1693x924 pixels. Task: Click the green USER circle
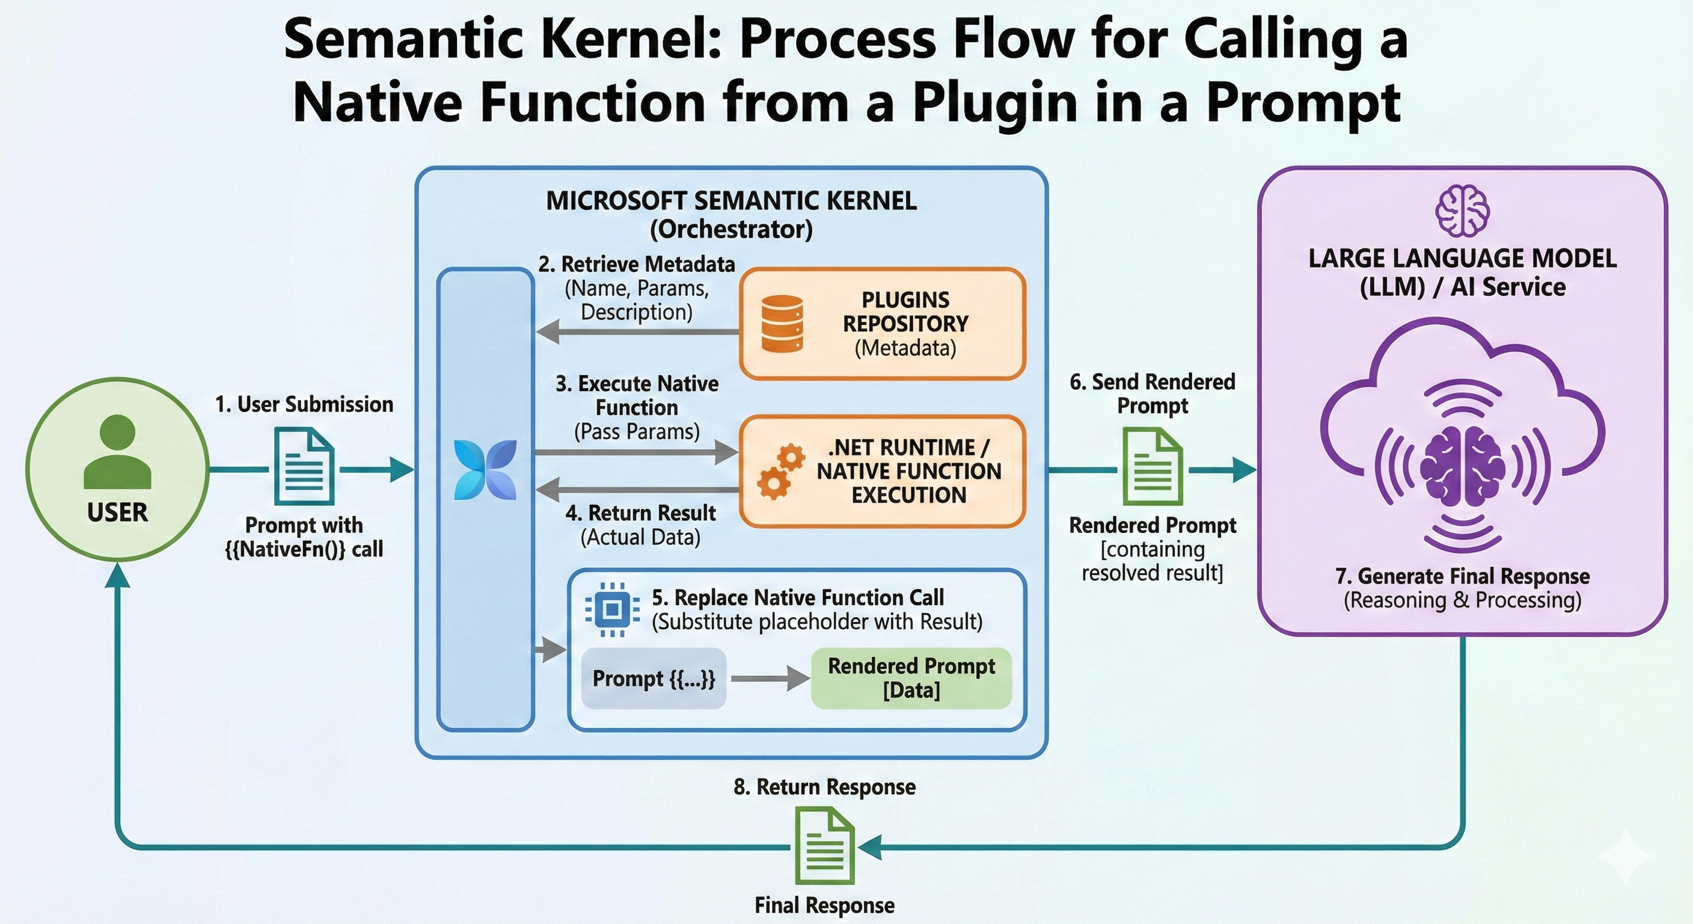click(118, 469)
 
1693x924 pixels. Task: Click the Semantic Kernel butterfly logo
click(486, 470)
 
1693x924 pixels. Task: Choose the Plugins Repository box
click(882, 324)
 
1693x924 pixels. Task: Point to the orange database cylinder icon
click(782, 324)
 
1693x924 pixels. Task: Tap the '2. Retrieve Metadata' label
click(636, 264)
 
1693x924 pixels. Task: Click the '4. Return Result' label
click(641, 513)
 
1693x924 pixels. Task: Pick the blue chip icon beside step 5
click(612, 609)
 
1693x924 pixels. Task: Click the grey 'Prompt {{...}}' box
click(654, 678)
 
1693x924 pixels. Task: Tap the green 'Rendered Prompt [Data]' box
click(911, 678)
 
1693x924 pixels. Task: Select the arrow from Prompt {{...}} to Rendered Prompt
click(770, 678)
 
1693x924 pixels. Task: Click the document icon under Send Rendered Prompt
click(1153, 466)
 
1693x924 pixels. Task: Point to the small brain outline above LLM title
click(1462, 211)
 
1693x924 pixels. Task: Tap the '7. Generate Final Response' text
click(1462, 576)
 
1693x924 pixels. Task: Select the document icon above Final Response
click(825, 846)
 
